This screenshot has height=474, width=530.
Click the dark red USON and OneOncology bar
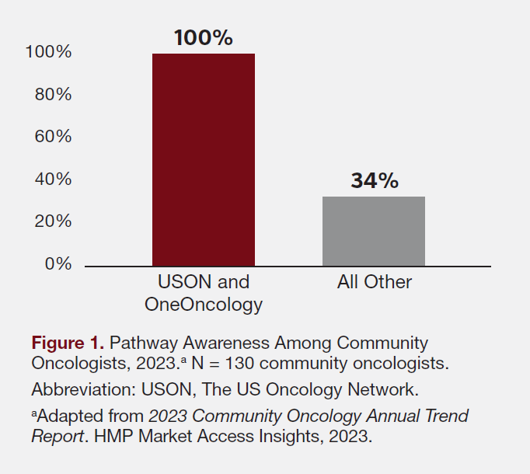click(203, 159)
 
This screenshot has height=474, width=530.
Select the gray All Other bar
click(374, 231)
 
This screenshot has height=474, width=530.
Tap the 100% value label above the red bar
click(203, 37)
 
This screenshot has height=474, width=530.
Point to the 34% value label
click(374, 180)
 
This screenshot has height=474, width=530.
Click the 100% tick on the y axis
click(48, 52)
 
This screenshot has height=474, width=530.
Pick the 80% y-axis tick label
click(53, 95)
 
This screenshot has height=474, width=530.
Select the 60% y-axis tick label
click(53, 137)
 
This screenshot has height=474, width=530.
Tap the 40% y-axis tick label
click(53, 179)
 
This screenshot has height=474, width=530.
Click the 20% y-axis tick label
click(53, 221)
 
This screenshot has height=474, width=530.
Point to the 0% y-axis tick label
click(58, 264)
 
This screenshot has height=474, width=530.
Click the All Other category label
click(374, 282)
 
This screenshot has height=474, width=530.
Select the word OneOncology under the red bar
click(204, 305)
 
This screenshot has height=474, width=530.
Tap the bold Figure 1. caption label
click(68, 343)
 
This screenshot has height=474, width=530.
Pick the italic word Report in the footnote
click(57, 436)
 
